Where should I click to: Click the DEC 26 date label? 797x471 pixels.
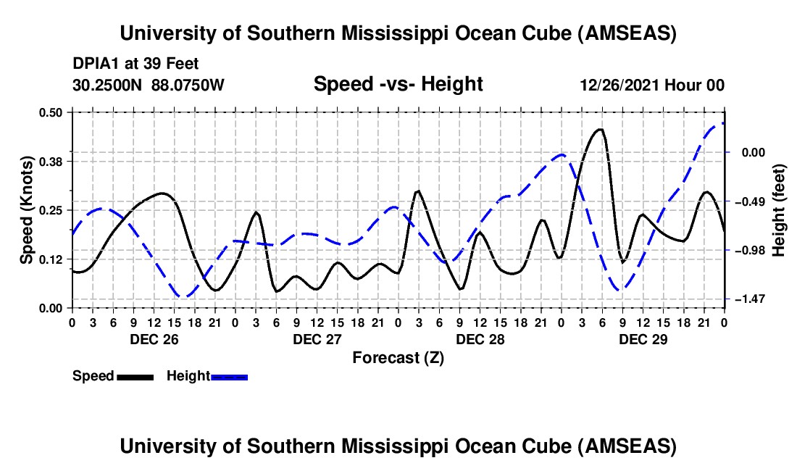coord(154,339)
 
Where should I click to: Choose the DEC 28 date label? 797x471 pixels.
coord(480,339)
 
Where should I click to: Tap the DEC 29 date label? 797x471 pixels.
coord(643,339)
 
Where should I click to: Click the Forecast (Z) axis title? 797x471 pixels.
coord(398,357)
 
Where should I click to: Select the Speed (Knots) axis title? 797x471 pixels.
coord(26,210)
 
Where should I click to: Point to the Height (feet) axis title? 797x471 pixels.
coord(780,210)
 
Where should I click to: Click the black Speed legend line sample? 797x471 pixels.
coord(135,377)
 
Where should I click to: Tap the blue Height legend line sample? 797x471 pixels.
coord(229,377)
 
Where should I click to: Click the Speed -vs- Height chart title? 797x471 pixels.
coord(398,85)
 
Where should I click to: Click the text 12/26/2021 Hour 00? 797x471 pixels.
coord(652,86)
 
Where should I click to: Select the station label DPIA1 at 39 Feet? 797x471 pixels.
coord(135,64)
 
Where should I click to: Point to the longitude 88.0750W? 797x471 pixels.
coord(188,86)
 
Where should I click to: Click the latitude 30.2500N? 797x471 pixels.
coord(108,86)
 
